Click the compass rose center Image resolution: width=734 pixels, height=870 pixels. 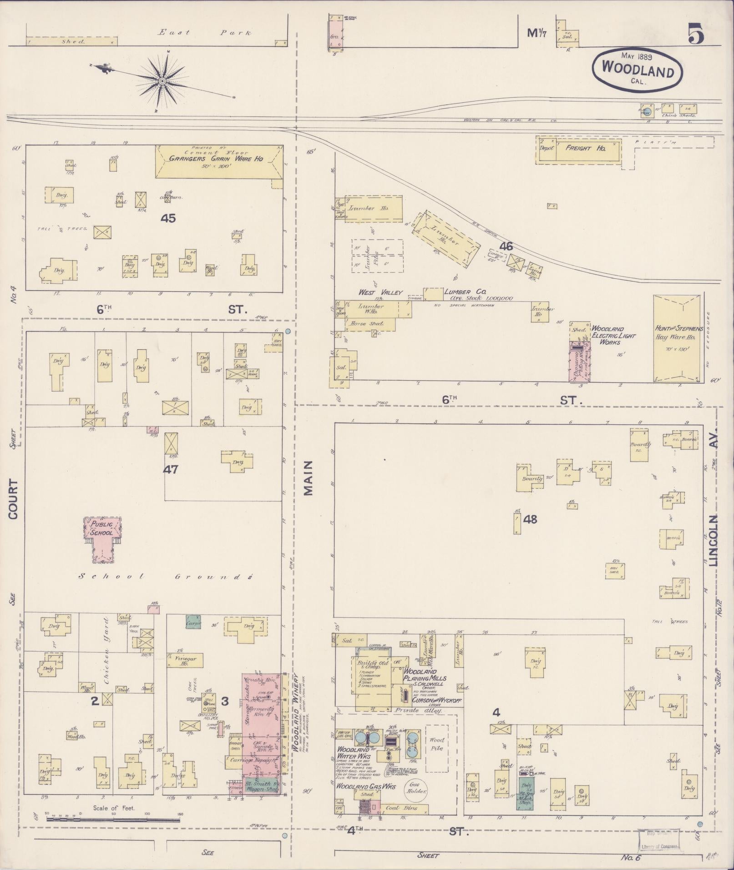coord(162,81)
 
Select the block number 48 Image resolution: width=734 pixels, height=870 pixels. coord(530,519)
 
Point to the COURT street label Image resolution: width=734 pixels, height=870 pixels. coord(13,499)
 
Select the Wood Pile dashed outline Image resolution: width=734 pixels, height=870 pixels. coord(436,748)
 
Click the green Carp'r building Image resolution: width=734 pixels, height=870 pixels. coord(193,622)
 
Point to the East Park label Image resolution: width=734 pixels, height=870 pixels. coord(205,32)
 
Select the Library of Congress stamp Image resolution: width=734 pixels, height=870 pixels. coord(659,838)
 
